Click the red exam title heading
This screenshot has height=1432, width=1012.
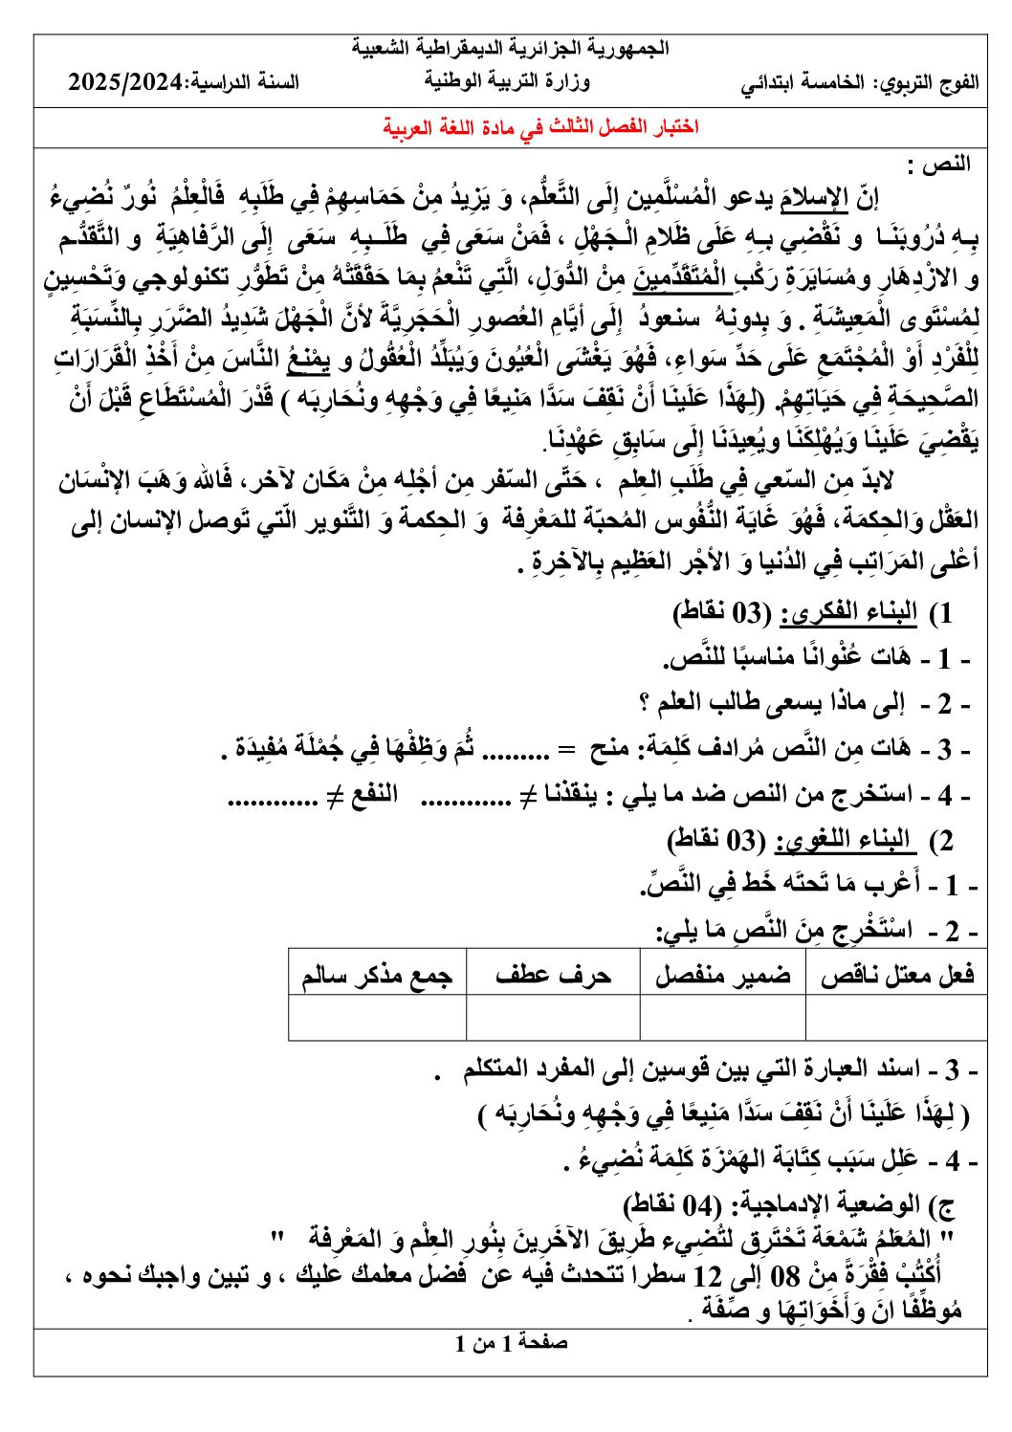[540, 127]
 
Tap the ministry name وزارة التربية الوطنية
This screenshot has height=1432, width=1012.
[507, 82]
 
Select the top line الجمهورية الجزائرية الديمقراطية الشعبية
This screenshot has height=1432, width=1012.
[511, 49]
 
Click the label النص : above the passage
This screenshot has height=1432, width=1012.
[945, 164]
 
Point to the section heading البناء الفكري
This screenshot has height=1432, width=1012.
[849, 613]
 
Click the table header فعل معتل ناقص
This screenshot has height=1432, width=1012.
[897, 975]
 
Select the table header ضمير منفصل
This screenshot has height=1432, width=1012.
[722, 975]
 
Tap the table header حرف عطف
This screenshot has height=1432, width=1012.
[553, 975]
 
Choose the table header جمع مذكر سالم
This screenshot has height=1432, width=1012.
[377, 975]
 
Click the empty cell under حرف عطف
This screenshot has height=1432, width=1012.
[553, 1018]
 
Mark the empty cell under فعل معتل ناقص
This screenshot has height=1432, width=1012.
[897, 1018]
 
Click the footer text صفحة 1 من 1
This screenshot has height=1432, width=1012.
[511, 1343]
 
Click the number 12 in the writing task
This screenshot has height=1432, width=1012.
[709, 1275]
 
